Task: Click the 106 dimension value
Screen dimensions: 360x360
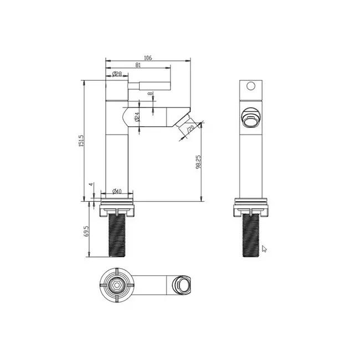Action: click(148, 58)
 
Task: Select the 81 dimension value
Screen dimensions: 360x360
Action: click(138, 65)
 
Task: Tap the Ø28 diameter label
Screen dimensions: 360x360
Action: click(117, 74)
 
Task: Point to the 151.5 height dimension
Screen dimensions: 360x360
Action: click(82, 141)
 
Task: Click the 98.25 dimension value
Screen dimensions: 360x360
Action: click(198, 162)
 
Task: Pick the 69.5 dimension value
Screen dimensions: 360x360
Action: click(86, 232)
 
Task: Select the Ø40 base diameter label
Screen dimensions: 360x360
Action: click(117, 191)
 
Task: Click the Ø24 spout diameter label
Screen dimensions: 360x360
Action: click(137, 117)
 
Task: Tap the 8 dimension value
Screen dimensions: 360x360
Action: click(150, 94)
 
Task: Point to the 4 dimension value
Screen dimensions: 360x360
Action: click(91, 184)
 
